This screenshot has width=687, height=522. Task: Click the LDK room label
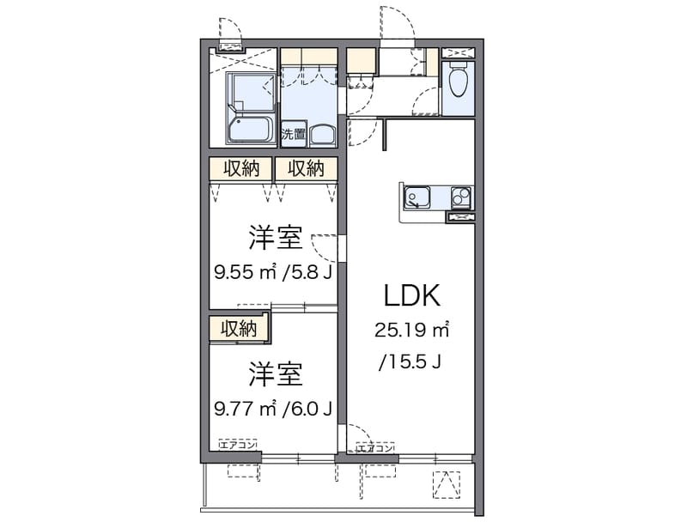(x=412, y=295)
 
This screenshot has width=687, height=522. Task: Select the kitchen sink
(x=417, y=197)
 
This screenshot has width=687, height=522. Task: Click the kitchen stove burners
(x=461, y=197)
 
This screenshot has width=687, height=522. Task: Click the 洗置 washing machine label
(x=293, y=134)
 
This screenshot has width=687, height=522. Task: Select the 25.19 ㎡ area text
(x=412, y=330)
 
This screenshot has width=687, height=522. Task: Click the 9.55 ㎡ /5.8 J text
(x=273, y=272)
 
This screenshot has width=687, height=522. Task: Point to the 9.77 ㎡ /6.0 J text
(x=273, y=409)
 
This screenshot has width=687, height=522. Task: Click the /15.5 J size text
(x=410, y=361)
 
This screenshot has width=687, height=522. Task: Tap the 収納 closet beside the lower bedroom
(x=239, y=329)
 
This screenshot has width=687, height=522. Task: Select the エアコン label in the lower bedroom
(x=237, y=446)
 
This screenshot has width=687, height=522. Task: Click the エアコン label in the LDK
(x=375, y=448)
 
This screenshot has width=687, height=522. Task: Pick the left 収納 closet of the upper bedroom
(x=241, y=168)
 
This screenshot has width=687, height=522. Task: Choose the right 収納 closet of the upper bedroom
(x=306, y=168)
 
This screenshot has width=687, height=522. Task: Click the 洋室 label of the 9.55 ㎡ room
(x=276, y=237)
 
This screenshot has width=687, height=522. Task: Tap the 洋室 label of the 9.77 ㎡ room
(x=276, y=374)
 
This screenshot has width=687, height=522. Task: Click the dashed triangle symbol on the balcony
(x=447, y=485)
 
